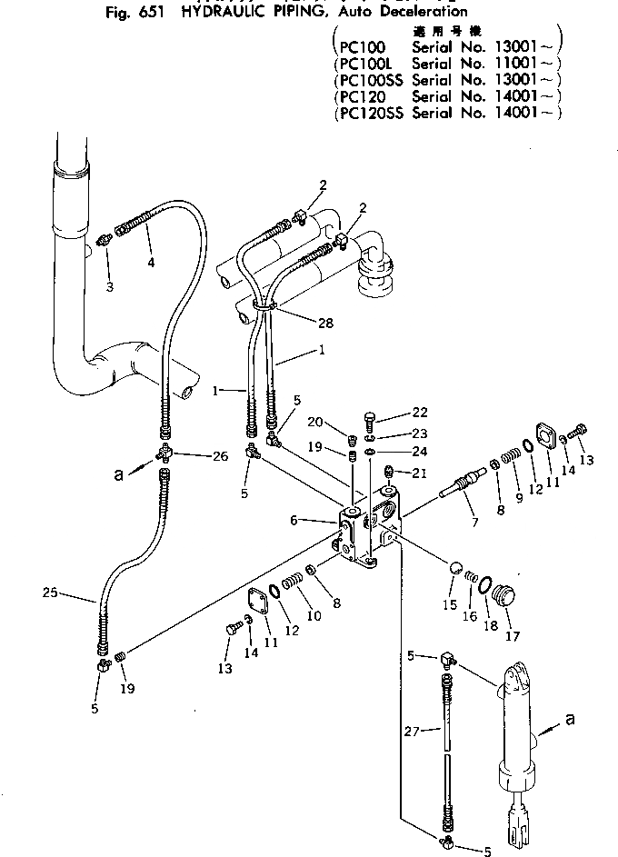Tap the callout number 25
click(x=51, y=595)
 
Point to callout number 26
click(x=220, y=456)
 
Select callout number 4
click(x=151, y=264)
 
